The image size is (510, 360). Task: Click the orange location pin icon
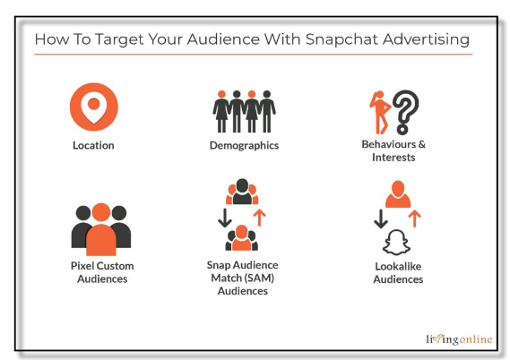[x=94, y=107]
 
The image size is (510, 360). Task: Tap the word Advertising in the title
[x=426, y=40]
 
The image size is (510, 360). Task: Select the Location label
[x=93, y=145]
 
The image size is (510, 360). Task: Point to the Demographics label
[x=244, y=145]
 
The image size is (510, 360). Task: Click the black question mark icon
[x=405, y=112]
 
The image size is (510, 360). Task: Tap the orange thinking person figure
[x=379, y=113]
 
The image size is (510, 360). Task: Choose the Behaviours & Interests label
[x=393, y=150]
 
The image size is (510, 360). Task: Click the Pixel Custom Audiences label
[x=102, y=272]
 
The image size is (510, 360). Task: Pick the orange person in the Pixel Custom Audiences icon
[x=101, y=229]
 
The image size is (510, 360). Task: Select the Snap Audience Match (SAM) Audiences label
[x=243, y=278]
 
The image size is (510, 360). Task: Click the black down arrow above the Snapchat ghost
[x=381, y=219]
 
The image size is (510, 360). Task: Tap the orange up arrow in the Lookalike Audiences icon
[x=414, y=219]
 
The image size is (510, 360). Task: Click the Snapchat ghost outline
[x=396, y=243]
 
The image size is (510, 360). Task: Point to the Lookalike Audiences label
[x=398, y=272]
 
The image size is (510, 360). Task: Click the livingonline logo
[x=459, y=339]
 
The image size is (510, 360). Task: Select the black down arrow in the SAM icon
[x=225, y=218]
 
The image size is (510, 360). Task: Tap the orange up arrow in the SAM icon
[x=259, y=218]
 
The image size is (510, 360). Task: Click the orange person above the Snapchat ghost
[x=398, y=194]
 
